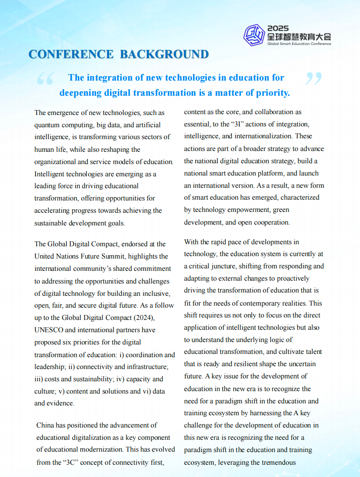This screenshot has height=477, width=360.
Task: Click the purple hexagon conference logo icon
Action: point(254,35)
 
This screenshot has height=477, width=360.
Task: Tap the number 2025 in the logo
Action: point(278,28)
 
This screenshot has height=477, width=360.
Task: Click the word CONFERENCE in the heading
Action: point(71,54)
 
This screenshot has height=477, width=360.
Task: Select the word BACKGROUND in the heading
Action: point(164,54)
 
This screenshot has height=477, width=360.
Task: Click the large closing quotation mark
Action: point(313,79)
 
